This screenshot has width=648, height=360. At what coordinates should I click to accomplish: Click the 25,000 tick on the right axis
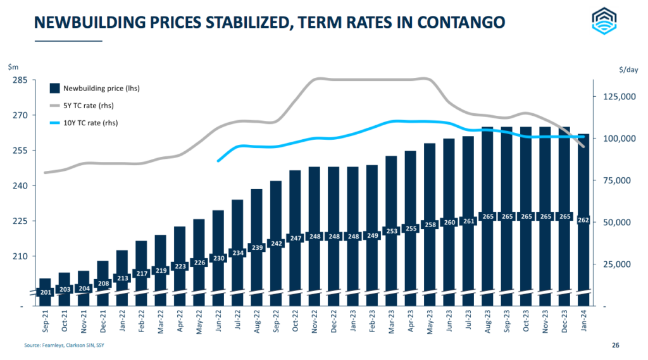[617, 264]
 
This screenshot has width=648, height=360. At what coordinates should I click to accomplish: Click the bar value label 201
[45, 292]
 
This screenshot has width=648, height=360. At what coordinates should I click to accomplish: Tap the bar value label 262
[583, 220]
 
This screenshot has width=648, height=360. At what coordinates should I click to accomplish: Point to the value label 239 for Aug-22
[257, 247]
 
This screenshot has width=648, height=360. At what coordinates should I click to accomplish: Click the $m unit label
[13, 66]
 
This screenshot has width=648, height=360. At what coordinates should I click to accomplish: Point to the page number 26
[616, 345]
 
